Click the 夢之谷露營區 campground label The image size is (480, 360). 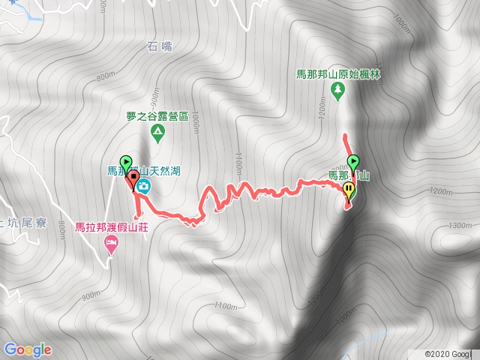click(x=157, y=116)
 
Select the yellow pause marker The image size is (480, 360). click(x=349, y=188)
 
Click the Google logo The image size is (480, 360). click(x=28, y=349)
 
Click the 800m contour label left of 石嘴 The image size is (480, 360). click(x=106, y=76)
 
